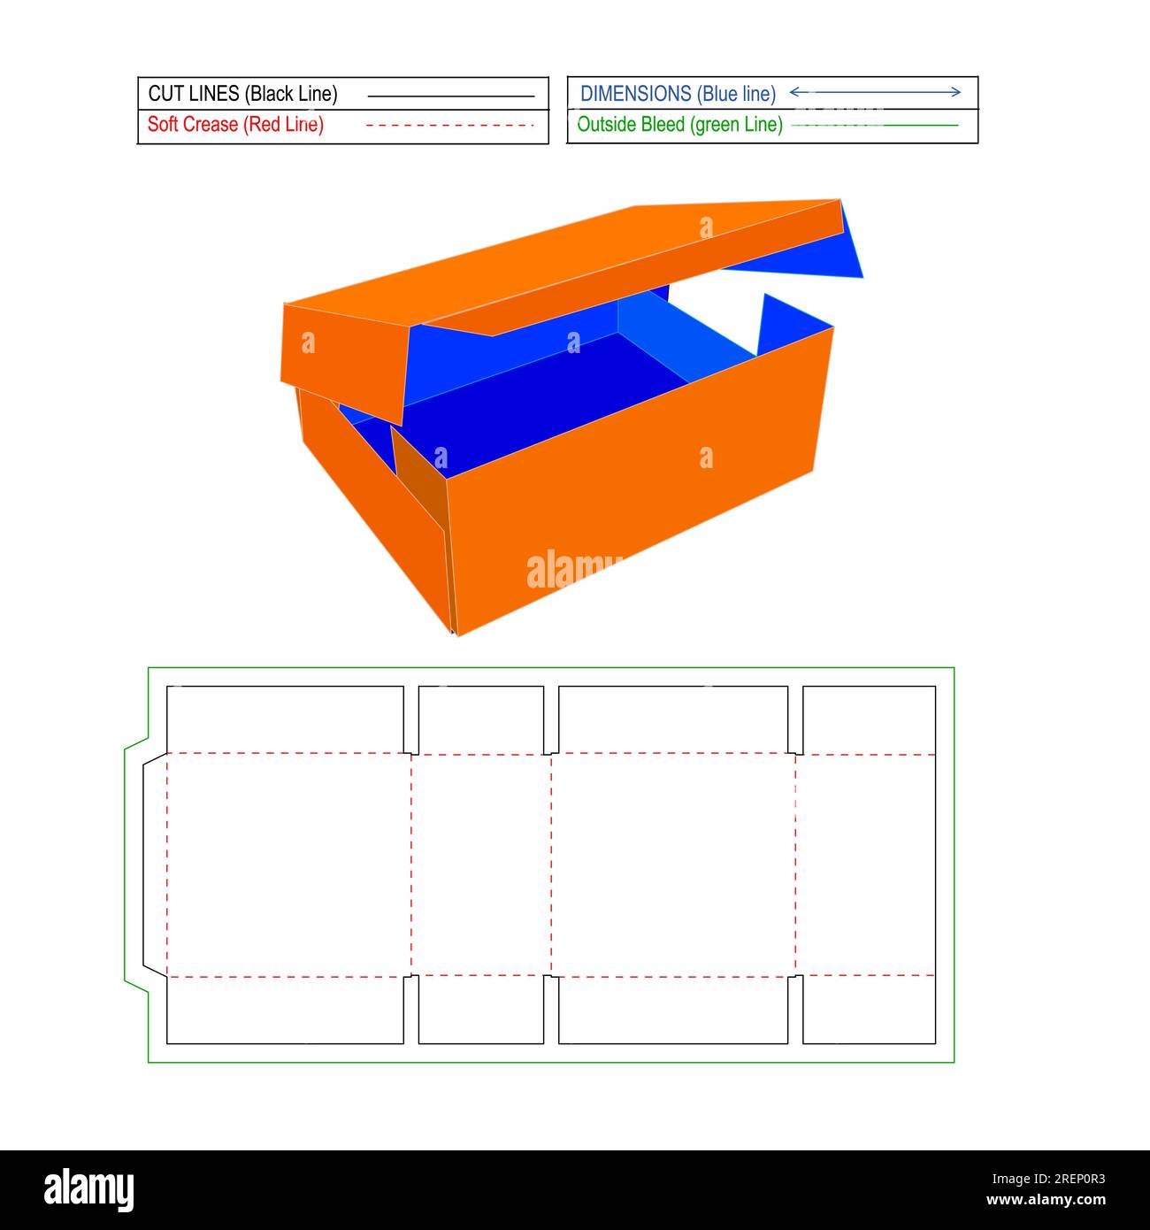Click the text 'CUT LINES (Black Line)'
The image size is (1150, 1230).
pyautogui.click(x=242, y=94)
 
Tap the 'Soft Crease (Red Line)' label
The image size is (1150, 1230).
pyautogui.click(x=235, y=125)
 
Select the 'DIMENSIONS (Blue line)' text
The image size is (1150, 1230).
pyautogui.click(x=678, y=94)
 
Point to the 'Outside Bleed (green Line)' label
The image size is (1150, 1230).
pyautogui.click(x=679, y=125)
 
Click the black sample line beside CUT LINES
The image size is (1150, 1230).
pyautogui.click(x=450, y=96)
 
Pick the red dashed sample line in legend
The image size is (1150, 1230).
pyautogui.click(x=450, y=126)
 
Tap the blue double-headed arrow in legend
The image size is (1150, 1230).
pyautogui.click(x=874, y=92)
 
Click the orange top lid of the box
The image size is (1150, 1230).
pyautogui.click(x=566, y=265)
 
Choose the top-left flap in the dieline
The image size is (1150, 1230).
pyautogui.click(x=285, y=719)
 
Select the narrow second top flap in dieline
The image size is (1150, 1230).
pyautogui.click(x=480, y=719)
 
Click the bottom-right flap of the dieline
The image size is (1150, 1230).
pyautogui.click(x=869, y=1010)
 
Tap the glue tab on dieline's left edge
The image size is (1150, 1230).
pyautogui.click(x=155, y=865)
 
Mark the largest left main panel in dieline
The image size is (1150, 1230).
pyautogui.click(x=288, y=865)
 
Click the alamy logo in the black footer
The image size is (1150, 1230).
pyautogui.click(x=88, y=1190)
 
